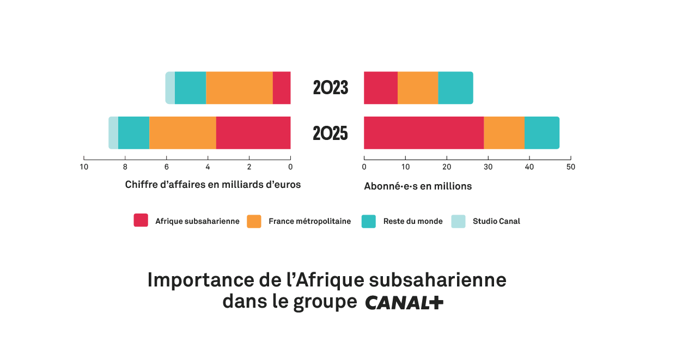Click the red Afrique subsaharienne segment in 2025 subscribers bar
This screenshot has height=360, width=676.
coord(424,133)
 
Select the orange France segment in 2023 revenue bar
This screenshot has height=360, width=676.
coord(239,88)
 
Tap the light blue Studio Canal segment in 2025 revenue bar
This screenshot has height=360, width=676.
coord(113,133)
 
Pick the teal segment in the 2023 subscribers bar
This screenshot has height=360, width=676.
coord(455,88)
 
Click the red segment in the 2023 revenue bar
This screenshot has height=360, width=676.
coord(282,88)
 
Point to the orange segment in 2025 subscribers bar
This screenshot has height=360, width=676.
coord(504,133)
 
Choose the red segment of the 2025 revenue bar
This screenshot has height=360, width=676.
coord(253,133)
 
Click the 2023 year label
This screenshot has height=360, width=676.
coord(330,88)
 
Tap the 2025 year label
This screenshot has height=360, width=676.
coord(330,133)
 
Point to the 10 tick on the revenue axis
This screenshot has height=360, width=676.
coord(84,167)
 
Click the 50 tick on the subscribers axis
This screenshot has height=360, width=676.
coord(570,167)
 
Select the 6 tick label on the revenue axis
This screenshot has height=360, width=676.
coord(166,167)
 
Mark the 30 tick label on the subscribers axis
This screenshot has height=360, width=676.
coord(488,167)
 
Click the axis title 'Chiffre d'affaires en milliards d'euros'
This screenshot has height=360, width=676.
coord(213,185)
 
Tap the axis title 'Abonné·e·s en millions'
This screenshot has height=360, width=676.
coord(418,186)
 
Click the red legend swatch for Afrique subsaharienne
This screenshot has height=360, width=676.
coord(141,221)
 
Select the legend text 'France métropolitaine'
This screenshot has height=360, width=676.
coord(309,221)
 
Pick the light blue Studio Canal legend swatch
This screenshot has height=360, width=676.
coord(459,221)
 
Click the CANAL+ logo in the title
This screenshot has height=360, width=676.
coord(404,303)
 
